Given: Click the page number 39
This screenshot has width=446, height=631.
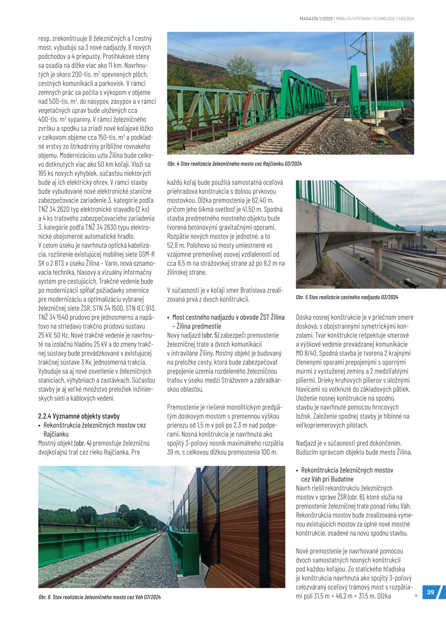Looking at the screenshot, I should [x=431, y=592].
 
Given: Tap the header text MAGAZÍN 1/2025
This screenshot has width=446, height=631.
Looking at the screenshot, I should [x=316, y=19].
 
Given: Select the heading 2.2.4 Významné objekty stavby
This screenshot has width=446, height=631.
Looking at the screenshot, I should [x=79, y=416].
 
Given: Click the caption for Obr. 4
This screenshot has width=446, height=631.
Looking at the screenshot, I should [x=234, y=164].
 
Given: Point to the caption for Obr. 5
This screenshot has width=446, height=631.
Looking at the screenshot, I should [x=347, y=297].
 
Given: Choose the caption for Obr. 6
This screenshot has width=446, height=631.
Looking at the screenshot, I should [x=100, y=597].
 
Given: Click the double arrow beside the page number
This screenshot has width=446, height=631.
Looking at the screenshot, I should [x=416, y=596].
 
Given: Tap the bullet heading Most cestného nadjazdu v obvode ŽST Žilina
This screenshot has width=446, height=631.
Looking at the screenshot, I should [x=228, y=317].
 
